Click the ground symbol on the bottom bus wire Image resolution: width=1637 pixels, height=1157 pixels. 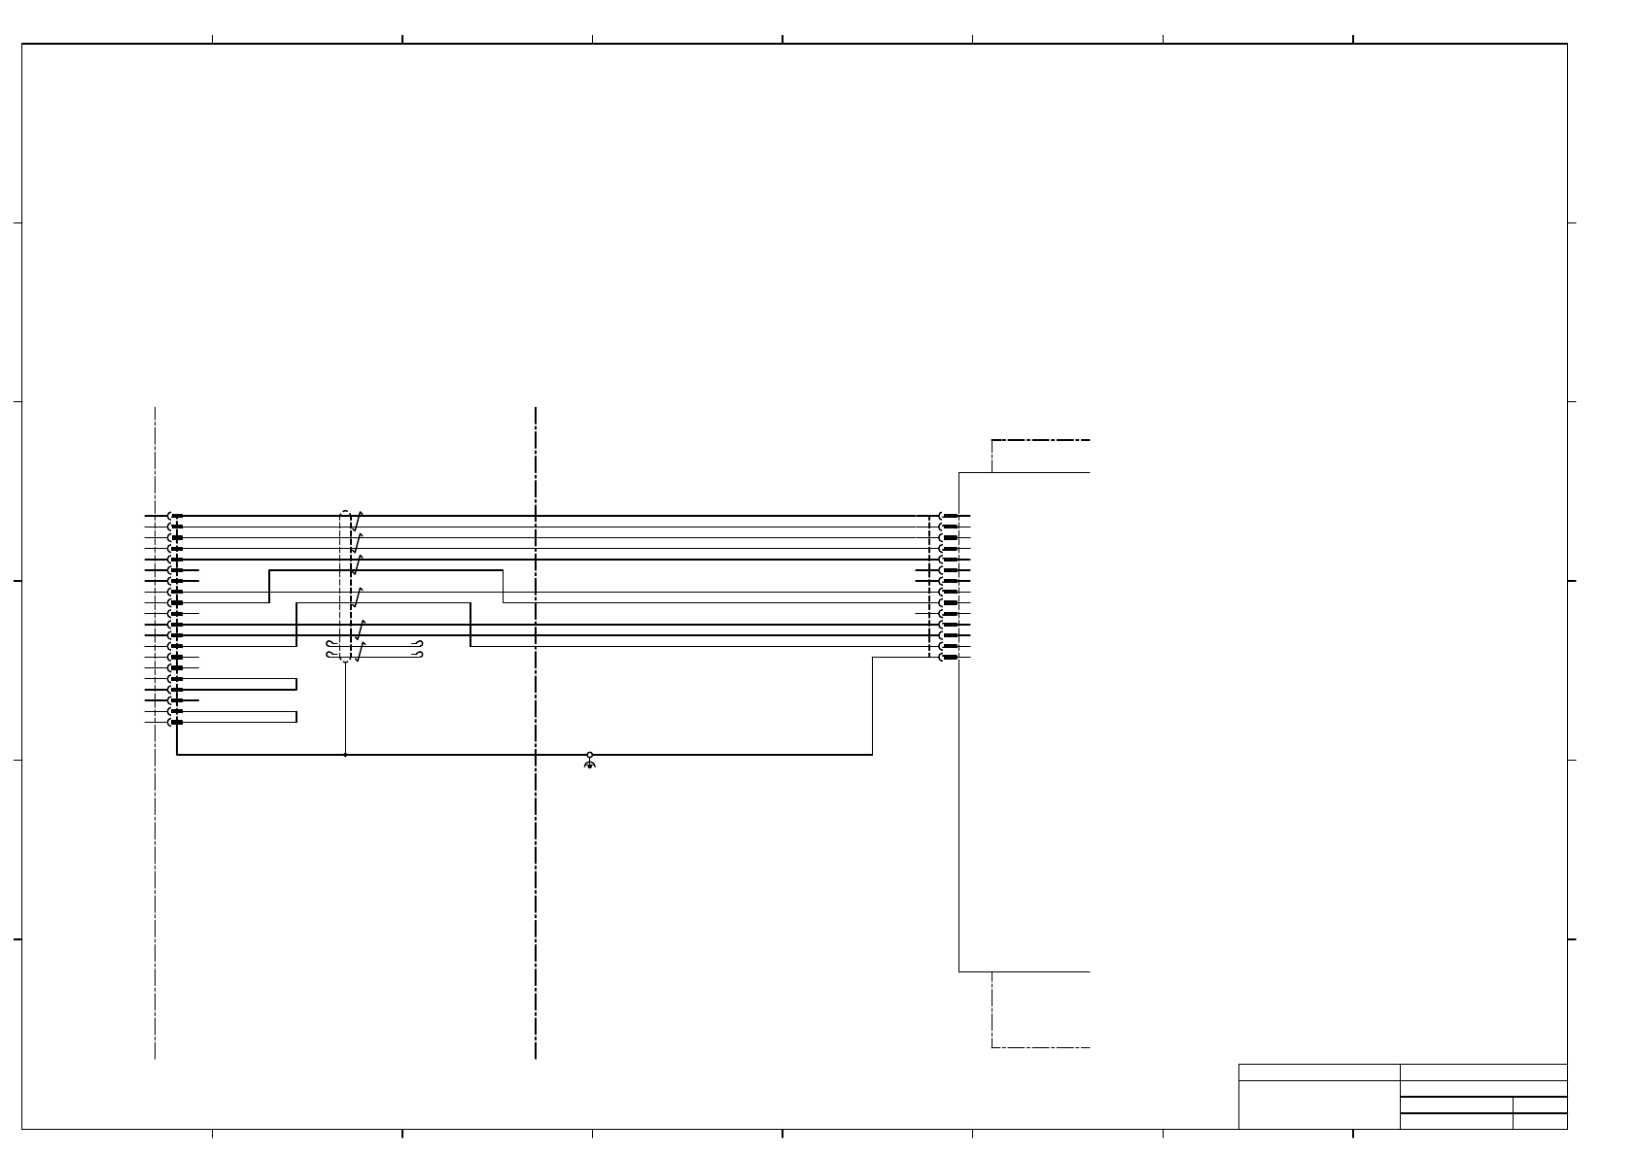coord(589,763)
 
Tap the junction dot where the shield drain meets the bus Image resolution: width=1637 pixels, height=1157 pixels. coord(345,754)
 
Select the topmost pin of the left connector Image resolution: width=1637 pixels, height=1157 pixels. coord(175,516)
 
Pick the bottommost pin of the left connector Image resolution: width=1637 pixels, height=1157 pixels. coord(175,722)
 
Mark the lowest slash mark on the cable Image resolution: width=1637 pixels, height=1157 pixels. coord(357,653)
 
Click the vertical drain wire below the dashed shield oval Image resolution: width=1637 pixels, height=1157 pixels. coord(345,709)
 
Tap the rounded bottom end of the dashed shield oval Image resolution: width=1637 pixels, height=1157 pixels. coord(345,663)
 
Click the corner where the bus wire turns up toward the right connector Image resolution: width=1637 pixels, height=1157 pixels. coord(872,754)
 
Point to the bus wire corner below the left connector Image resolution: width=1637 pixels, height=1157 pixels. coord(177,754)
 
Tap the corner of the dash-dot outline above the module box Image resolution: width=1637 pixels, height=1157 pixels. coord(992,441)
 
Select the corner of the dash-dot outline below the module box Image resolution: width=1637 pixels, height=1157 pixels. coord(992,1047)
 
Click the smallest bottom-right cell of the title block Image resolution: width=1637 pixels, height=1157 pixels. coord(1540,1121)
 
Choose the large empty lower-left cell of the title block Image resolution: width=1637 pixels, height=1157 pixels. coord(1318,1105)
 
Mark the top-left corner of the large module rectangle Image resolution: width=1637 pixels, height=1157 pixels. coord(959,473)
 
